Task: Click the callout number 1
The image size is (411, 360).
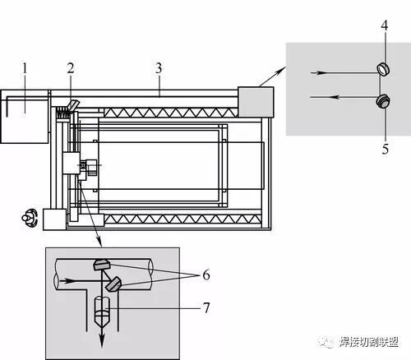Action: click(25, 68)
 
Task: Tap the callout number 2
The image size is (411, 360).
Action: click(71, 67)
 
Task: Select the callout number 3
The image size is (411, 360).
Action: click(159, 68)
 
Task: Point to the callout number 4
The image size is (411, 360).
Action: click(385, 25)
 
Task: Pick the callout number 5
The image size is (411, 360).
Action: click(386, 149)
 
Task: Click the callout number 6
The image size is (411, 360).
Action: click(206, 275)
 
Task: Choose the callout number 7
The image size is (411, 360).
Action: click(206, 307)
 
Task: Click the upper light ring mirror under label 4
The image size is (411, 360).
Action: click(383, 69)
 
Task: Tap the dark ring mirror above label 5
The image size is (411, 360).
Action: click(383, 101)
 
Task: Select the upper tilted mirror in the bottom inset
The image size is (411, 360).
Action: click(102, 265)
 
